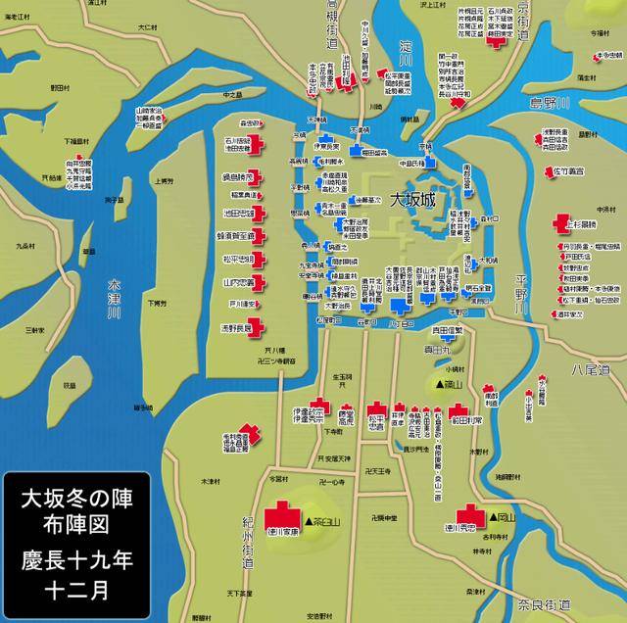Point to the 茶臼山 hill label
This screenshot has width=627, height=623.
click(x=324, y=520)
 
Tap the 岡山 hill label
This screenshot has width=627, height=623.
click(x=505, y=513)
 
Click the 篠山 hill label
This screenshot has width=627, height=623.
click(x=448, y=383)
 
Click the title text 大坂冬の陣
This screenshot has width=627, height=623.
click(x=75, y=500)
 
